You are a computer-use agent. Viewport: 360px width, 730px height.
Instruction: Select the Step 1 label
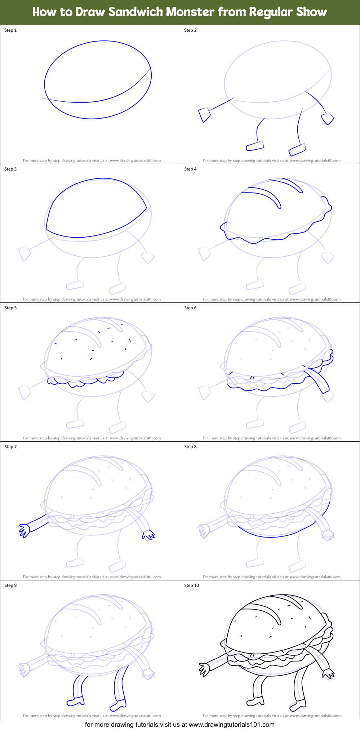[10, 30]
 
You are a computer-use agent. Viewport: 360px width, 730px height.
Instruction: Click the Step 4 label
[190, 169]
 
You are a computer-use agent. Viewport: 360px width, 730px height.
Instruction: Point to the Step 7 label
[10, 447]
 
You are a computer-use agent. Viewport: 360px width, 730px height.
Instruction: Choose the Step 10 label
[191, 585]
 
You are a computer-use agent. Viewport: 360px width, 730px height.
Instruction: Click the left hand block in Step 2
[204, 114]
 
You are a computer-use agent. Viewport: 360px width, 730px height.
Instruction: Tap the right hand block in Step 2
[328, 119]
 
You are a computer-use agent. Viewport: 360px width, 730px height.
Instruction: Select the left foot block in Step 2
[255, 146]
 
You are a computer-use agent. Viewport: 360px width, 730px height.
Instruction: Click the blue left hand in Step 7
[25, 531]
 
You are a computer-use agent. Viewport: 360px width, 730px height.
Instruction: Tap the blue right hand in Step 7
[148, 535]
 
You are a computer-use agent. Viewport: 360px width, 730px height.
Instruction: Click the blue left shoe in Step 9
[76, 702]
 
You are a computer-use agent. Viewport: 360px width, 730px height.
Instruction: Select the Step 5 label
[10, 308]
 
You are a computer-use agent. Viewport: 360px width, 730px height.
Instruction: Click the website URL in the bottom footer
[231, 725]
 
